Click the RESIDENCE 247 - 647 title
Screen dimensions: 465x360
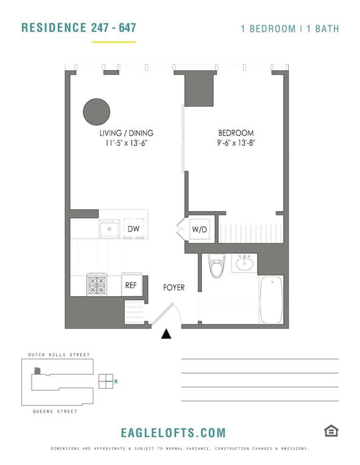tap(78, 28)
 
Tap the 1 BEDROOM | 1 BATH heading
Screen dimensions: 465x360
tap(290, 28)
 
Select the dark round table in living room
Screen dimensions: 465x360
tap(96, 111)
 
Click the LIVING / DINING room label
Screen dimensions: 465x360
tap(126, 133)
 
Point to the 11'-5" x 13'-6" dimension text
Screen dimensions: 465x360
tap(126, 143)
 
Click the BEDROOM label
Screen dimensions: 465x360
tap(236, 133)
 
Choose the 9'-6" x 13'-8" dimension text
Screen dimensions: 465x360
tap(236, 143)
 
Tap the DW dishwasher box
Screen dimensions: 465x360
tap(133, 229)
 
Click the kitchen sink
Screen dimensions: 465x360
tap(110, 229)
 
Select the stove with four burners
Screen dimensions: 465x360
tap(97, 283)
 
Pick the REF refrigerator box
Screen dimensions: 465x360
tap(131, 285)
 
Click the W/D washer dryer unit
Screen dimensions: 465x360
tap(199, 229)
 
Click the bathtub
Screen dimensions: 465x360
tap(271, 300)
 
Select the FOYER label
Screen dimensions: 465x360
tap(173, 287)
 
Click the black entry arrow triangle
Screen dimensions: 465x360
tap(166, 334)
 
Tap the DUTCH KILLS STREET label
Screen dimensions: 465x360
tap(59, 355)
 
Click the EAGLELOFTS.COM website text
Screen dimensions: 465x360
tap(173, 432)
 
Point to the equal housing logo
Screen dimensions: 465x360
tap(331, 430)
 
